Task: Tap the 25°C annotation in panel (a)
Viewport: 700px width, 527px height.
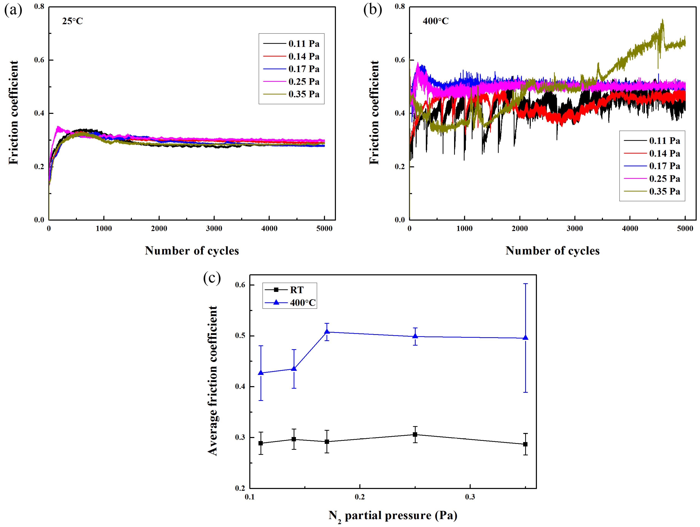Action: click(x=72, y=21)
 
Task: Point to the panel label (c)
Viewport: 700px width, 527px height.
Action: click(x=212, y=278)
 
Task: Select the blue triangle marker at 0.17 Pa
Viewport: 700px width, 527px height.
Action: click(x=327, y=332)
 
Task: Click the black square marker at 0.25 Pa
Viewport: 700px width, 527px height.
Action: click(x=415, y=434)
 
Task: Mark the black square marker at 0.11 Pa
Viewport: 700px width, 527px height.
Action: click(x=261, y=443)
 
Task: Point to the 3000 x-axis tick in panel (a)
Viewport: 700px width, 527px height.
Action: click(x=214, y=228)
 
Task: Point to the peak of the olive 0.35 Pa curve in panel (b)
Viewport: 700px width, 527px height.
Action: click(x=662, y=20)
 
